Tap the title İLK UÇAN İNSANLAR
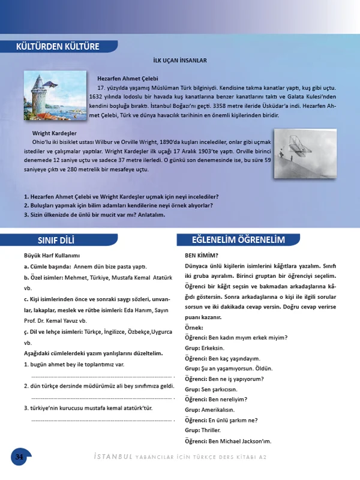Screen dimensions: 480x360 point(180,61)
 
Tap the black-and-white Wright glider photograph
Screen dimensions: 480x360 point(304,152)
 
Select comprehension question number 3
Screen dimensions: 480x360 point(94,215)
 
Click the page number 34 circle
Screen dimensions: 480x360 point(19,457)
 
